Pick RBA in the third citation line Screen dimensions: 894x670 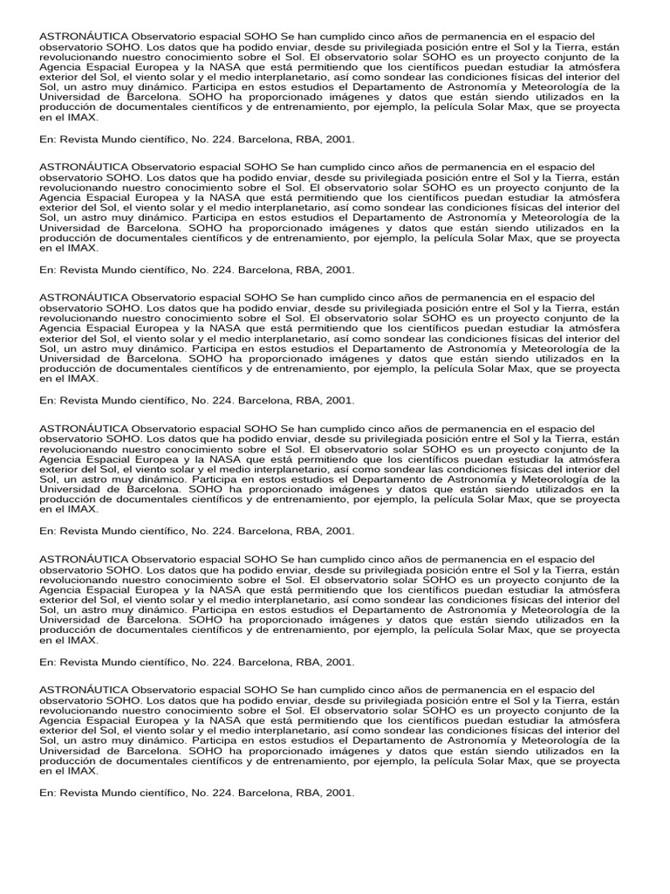(x=311, y=401)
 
